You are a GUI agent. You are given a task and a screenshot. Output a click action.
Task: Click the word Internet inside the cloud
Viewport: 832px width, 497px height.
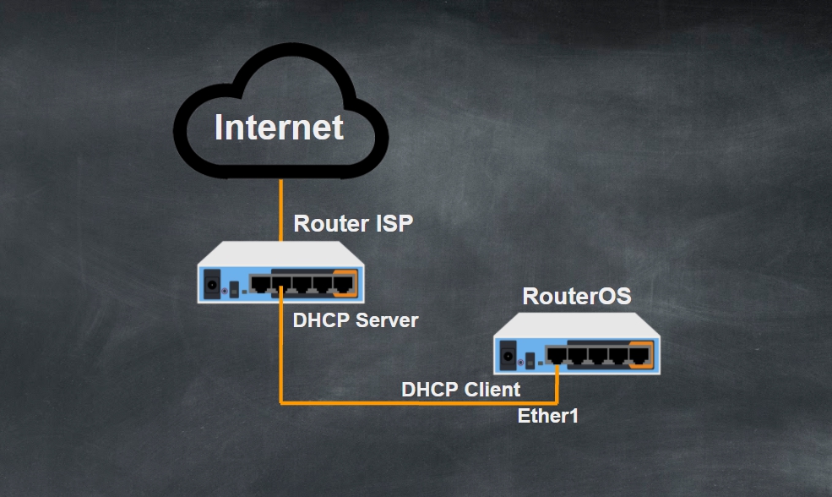pyautogui.click(x=279, y=128)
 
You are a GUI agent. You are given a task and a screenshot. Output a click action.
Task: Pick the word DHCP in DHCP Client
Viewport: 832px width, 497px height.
pyautogui.click(x=431, y=390)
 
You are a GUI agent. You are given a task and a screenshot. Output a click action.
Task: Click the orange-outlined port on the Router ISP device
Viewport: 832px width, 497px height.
pyautogui.click(x=343, y=282)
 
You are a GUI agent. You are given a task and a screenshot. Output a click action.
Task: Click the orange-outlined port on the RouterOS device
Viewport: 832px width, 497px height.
pyautogui.click(x=639, y=355)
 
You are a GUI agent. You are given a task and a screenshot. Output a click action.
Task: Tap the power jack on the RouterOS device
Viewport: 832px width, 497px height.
pyautogui.click(x=508, y=355)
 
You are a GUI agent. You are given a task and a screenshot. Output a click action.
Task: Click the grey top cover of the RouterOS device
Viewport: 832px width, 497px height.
pyautogui.click(x=578, y=326)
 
